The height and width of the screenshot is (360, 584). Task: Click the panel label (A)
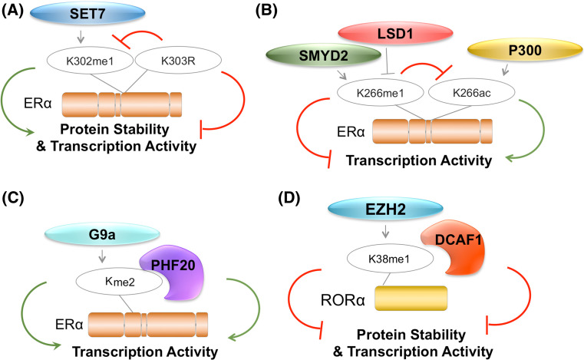click(15, 10)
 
